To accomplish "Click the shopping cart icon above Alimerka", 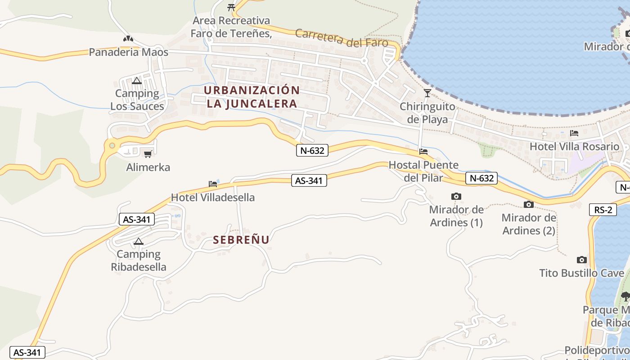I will (x=148, y=154).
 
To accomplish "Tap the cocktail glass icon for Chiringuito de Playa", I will (x=427, y=93).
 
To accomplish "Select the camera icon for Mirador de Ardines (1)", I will (x=456, y=197).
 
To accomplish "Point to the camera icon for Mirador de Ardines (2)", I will (x=529, y=205).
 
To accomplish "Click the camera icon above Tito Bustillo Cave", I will (x=582, y=260).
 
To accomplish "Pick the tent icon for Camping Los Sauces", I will (x=137, y=81).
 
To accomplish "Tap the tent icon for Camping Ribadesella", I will (x=138, y=242).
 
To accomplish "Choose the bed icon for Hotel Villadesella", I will (x=213, y=184).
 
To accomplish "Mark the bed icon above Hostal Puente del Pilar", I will (x=423, y=152).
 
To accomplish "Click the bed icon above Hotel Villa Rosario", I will (x=574, y=133).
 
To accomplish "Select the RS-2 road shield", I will (x=603, y=210).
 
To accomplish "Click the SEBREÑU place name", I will (x=241, y=240).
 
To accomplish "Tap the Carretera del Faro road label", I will (x=342, y=38).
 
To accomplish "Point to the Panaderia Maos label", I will (x=129, y=52).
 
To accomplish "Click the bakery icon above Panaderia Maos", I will (x=128, y=39).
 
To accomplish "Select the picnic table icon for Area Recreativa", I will (x=231, y=7).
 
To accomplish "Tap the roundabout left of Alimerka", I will (x=112, y=145).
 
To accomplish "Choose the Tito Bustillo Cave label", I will (x=582, y=273).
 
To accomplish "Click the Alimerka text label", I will (x=148, y=167).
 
